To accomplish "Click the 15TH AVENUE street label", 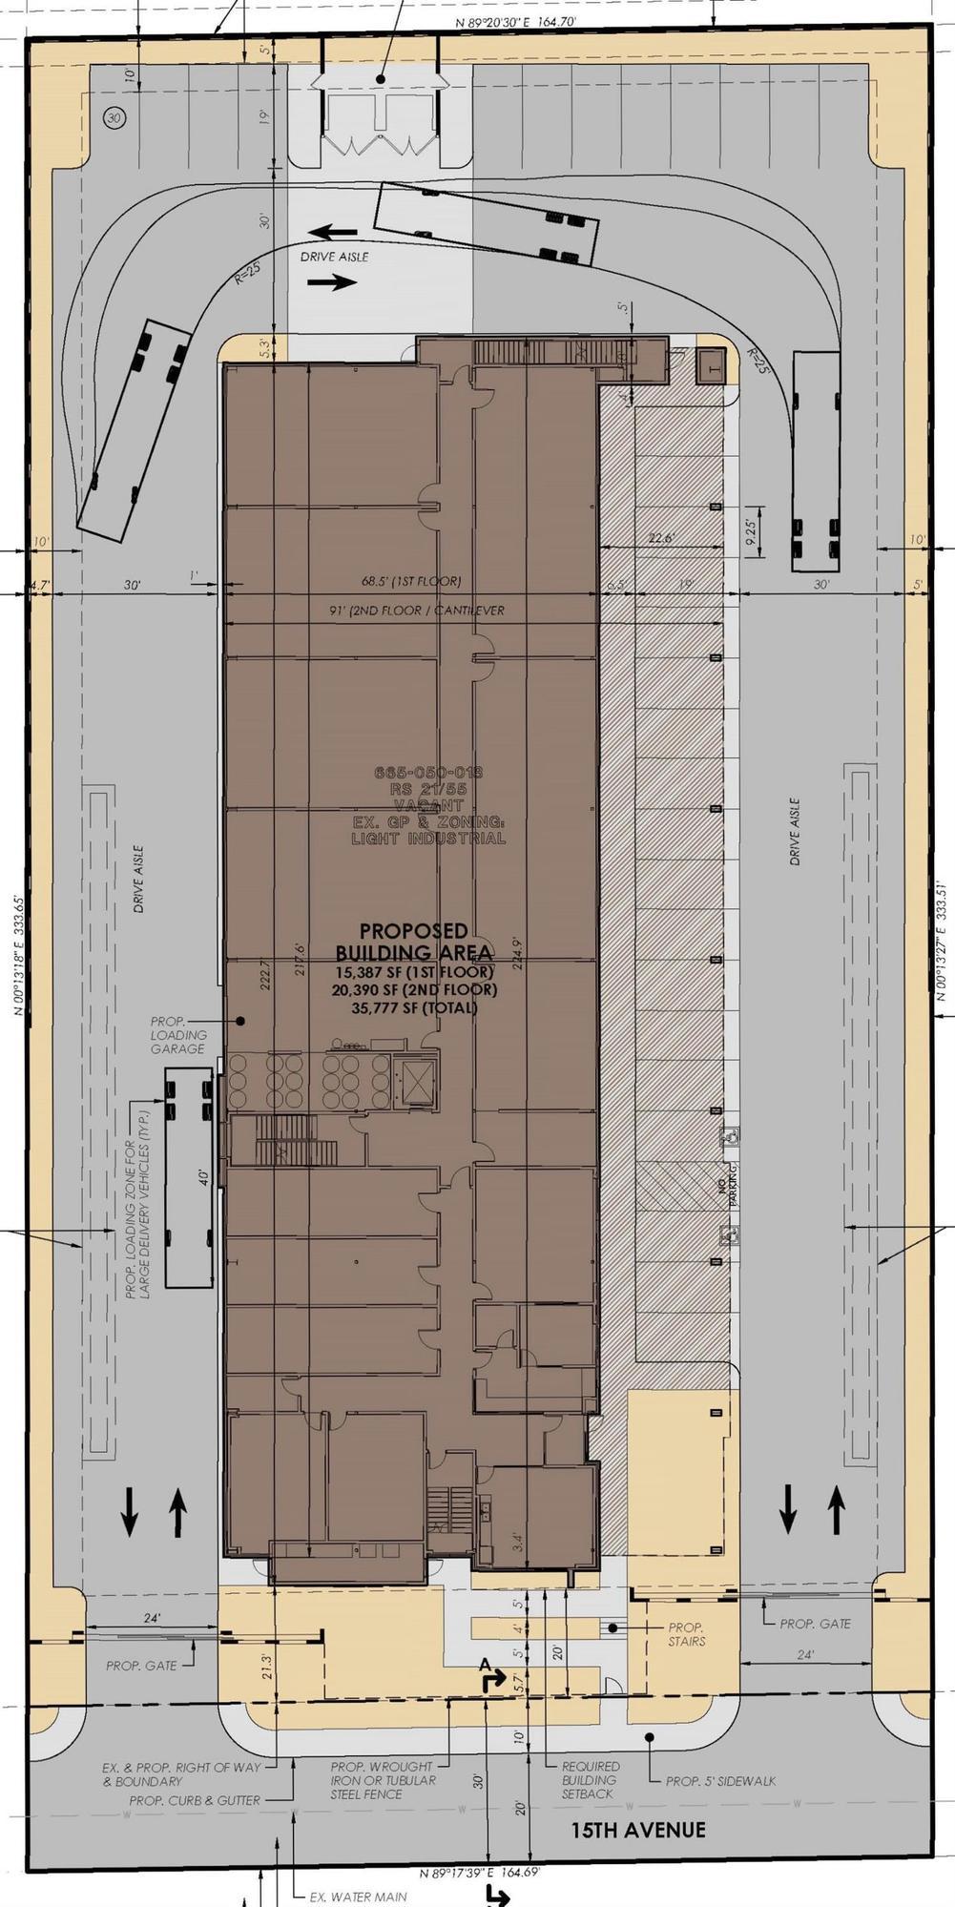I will coord(638,1829).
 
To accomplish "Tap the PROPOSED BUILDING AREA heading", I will coord(413,942).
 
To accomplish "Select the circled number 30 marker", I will coord(114,118).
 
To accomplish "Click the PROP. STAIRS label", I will coord(686,1633).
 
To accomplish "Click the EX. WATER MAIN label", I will coord(359,1897).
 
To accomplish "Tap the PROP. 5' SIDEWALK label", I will coord(720,1780).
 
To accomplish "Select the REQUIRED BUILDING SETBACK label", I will coord(589,1779).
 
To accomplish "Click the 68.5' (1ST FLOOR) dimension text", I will coord(410,581).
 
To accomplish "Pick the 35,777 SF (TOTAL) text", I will coord(414,1007).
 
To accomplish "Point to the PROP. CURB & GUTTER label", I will coord(195,1800).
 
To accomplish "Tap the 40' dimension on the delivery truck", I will coord(202,1175).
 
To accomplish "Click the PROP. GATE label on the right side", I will coord(814,1623).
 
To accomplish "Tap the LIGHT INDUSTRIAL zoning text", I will coord(428,839).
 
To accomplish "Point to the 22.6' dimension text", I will coord(659,538).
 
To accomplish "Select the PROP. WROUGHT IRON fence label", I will coord(382,1780).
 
